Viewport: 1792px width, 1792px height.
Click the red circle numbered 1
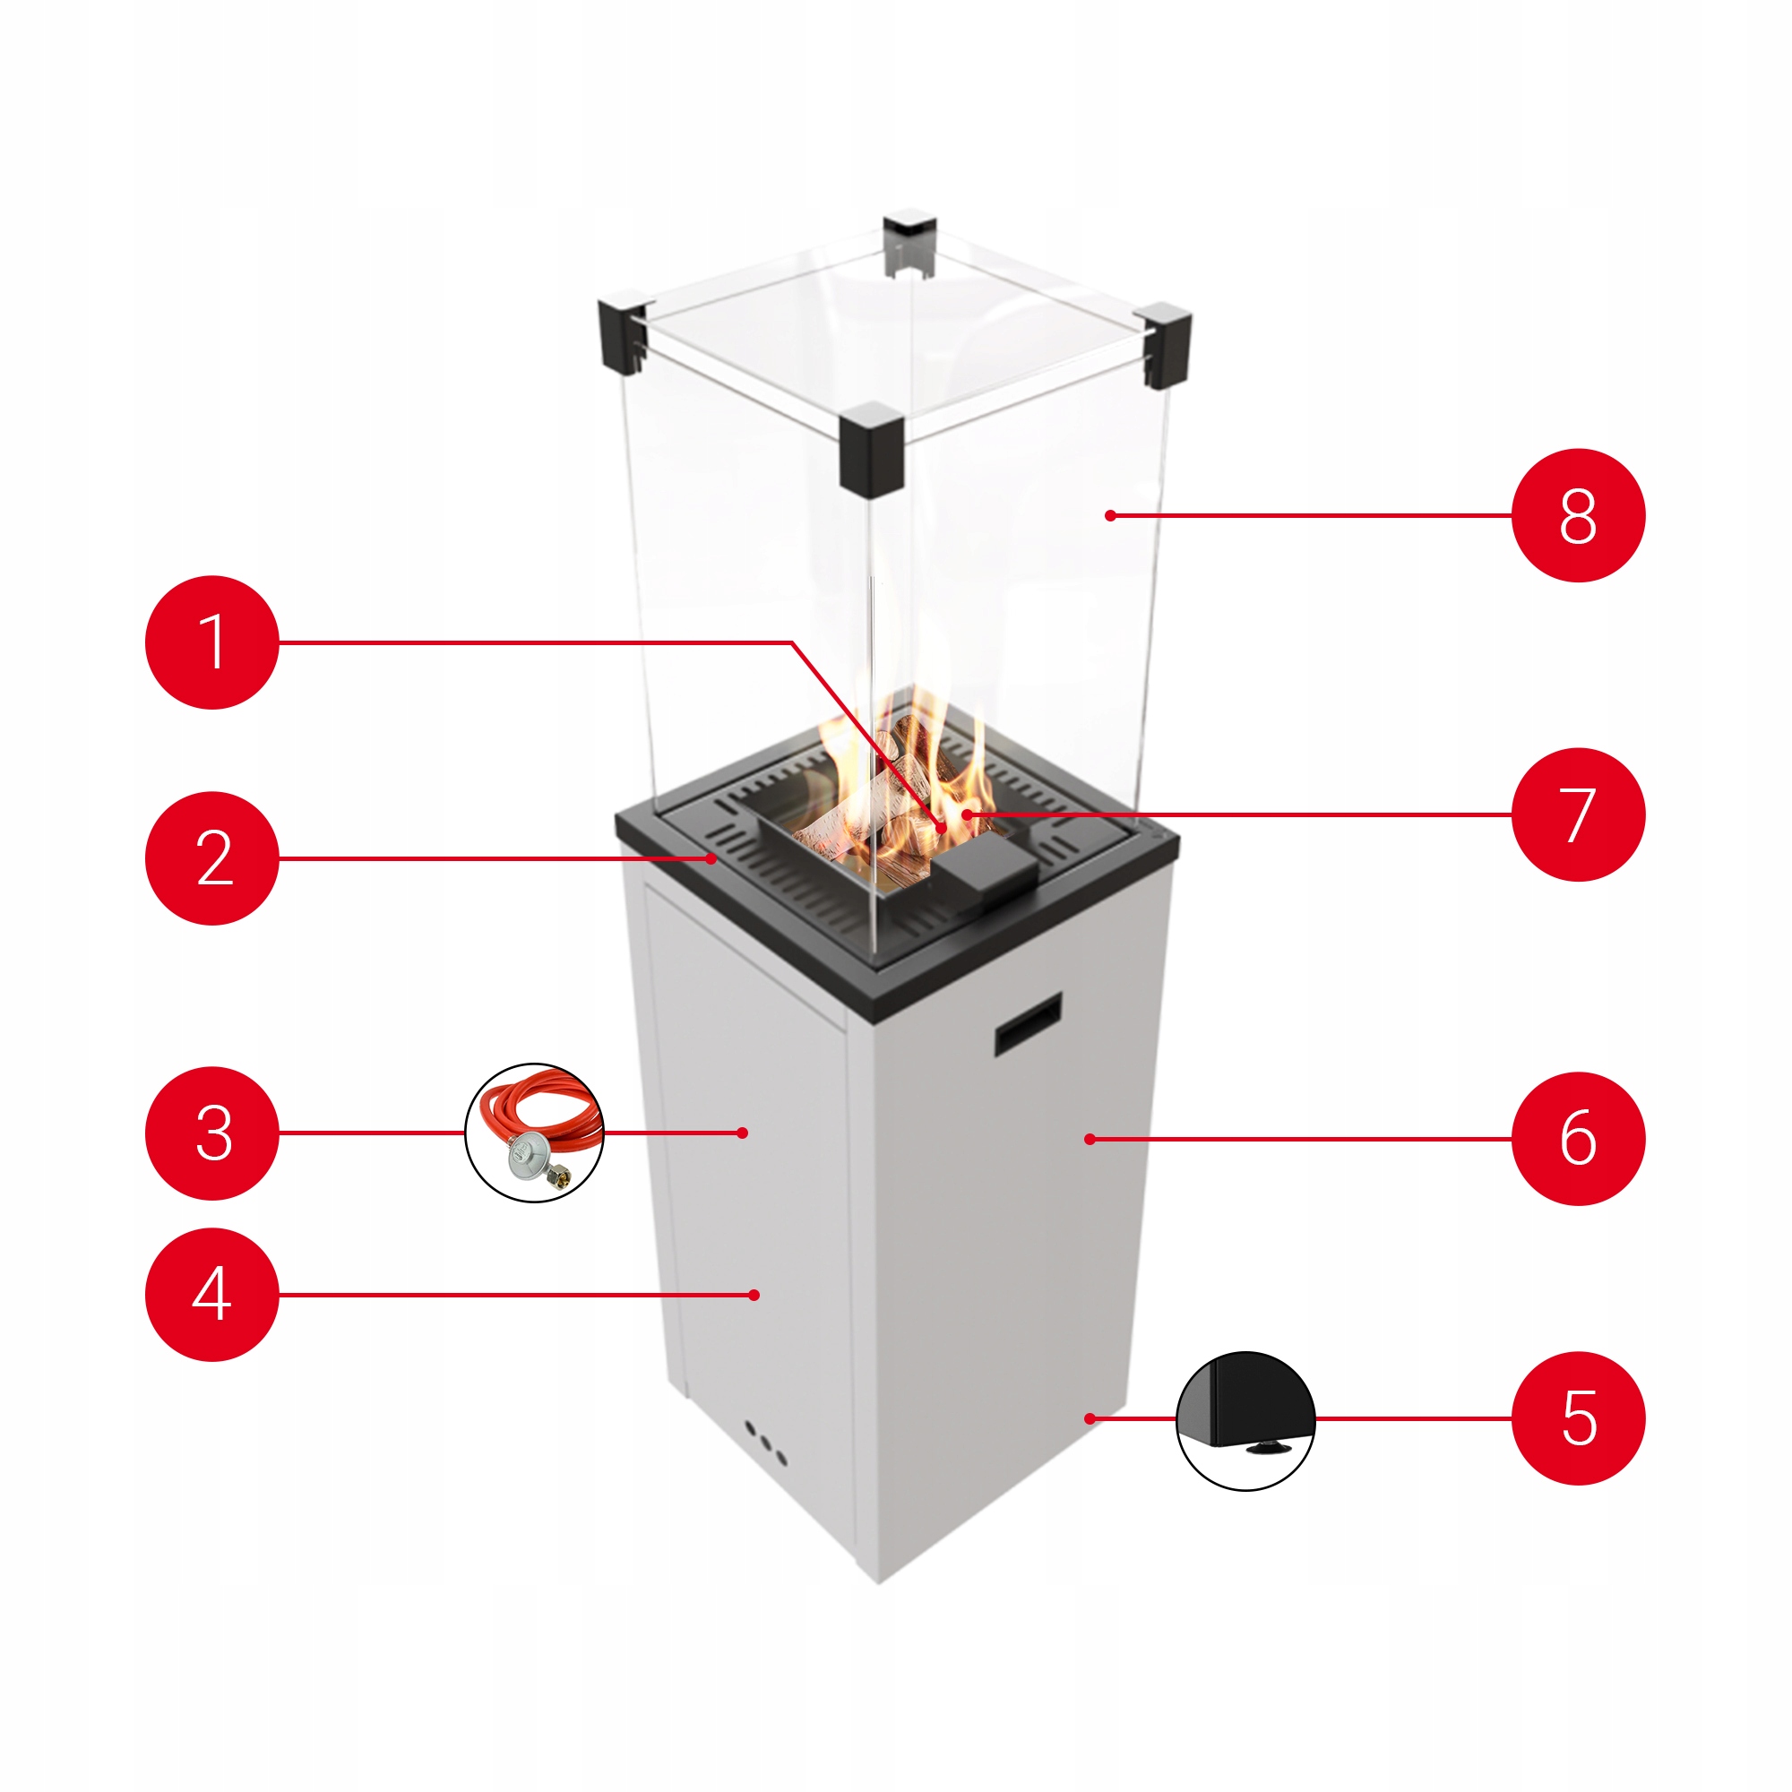[211, 642]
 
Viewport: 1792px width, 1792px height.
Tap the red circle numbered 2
[211, 858]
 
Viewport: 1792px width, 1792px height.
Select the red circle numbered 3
[211, 1133]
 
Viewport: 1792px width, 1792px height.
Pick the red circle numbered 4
[211, 1295]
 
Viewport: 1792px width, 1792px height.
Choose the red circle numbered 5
[1578, 1418]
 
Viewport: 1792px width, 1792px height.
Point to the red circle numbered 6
[1578, 1138]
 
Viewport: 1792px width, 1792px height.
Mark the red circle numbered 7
[1578, 814]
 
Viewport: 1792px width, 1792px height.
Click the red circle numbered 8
[1578, 516]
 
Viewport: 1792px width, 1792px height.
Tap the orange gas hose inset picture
[534, 1133]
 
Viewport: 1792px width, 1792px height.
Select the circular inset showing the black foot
[1245, 1420]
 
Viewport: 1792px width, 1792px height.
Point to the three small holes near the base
[766, 1443]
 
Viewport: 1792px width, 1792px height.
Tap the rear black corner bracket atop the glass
[910, 243]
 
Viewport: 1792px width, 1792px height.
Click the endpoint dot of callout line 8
[1110, 516]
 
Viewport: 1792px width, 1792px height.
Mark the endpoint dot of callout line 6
[1089, 1138]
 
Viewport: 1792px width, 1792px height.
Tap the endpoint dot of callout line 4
[754, 1295]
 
